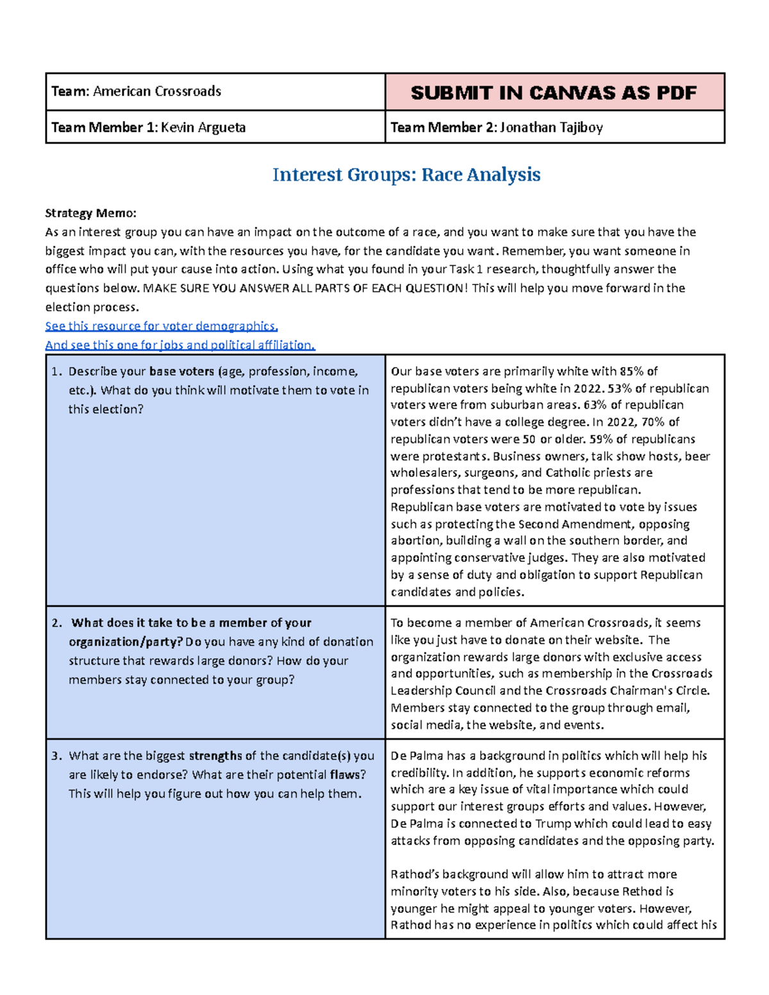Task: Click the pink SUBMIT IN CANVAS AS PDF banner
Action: [554, 93]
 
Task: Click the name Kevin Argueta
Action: [203, 127]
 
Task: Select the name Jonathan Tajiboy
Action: [551, 127]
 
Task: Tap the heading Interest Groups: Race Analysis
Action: [406, 175]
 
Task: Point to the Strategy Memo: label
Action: [90, 213]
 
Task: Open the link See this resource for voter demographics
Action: [161, 326]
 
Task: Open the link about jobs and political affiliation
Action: [180, 345]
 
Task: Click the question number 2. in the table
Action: [58, 623]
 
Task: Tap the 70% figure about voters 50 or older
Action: [656, 422]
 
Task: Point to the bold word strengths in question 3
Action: [215, 756]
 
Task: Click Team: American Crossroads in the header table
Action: [136, 92]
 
